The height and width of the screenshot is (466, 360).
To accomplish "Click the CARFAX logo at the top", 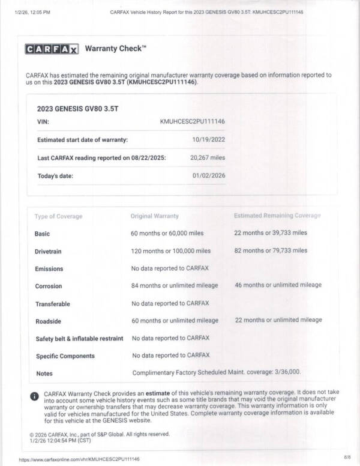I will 52,49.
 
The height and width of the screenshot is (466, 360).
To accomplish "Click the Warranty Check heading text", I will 116,48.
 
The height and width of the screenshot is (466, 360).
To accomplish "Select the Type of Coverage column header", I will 58,216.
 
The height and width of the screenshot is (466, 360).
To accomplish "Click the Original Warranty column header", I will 154,216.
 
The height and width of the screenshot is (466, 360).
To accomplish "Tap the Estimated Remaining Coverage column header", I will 277,216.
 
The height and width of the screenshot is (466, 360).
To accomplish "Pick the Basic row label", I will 43,233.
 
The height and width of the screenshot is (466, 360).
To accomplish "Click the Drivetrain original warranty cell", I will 170,250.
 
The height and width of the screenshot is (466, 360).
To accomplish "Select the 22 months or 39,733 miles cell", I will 271,233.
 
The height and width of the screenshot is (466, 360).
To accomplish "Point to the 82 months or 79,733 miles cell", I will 271,250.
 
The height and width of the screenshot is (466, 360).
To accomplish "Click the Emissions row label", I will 49,268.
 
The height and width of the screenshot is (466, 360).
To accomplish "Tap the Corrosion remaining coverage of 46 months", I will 278,285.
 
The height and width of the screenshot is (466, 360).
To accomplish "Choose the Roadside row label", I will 48,321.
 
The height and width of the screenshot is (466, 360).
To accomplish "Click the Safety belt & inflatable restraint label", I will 79,339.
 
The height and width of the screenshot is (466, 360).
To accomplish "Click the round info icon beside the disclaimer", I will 34,396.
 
